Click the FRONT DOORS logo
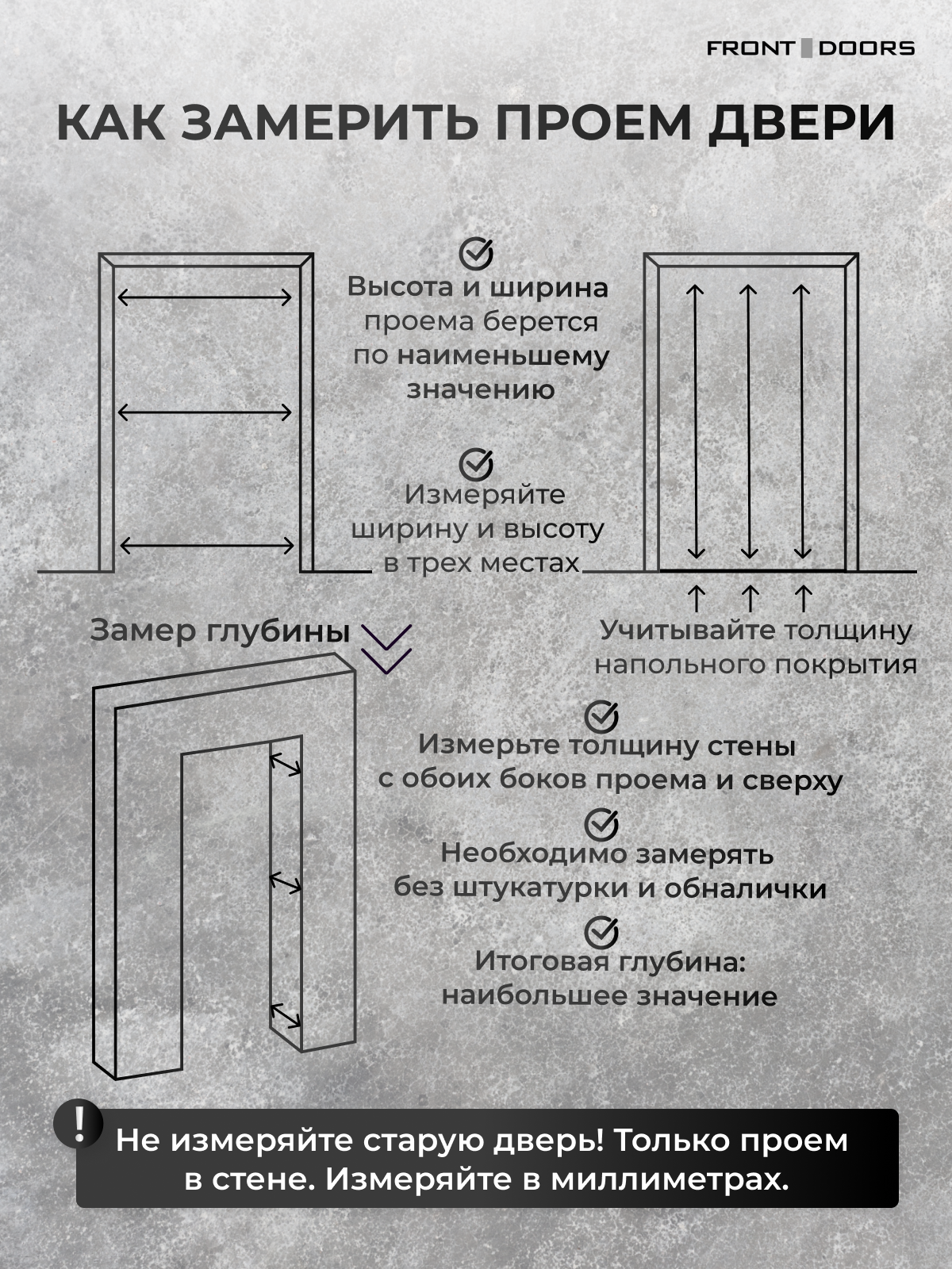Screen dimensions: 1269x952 point(810,48)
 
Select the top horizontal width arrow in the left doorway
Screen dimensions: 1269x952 point(205,297)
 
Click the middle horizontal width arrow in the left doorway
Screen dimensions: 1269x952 point(205,412)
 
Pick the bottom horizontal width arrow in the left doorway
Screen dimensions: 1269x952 point(206,545)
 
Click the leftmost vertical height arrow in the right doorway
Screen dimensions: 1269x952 point(696,422)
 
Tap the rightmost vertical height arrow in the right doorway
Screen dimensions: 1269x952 point(802,422)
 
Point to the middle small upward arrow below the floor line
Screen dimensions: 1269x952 point(750,599)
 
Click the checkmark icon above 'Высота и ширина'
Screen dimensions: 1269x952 point(476,253)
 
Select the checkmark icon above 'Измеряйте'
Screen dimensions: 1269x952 point(476,465)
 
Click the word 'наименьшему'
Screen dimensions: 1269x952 point(503,356)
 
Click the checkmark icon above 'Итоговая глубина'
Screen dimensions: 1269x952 point(601,932)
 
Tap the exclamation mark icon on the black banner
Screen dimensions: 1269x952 point(79,1124)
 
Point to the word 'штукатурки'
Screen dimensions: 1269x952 point(542,888)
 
